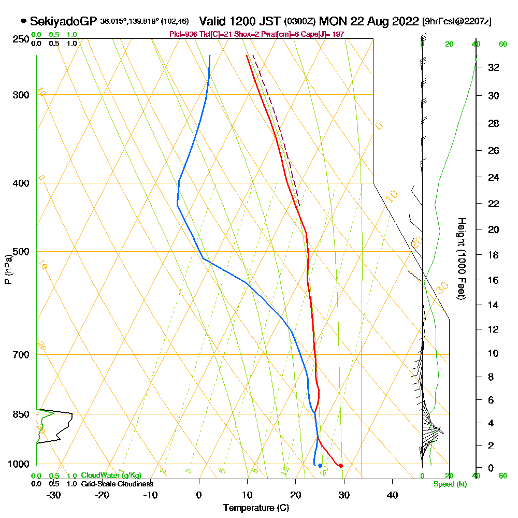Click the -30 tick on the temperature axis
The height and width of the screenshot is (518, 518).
pos(54,495)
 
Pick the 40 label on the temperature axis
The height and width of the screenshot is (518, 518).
pos(392,495)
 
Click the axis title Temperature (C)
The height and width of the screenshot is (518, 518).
pos(256,508)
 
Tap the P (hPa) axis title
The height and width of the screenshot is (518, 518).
pos(8,269)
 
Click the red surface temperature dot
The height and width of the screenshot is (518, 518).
pos(340,466)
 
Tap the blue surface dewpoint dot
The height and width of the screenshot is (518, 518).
pos(320,466)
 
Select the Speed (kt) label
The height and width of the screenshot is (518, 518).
pos(448,484)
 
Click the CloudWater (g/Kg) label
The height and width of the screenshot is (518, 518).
pos(111,476)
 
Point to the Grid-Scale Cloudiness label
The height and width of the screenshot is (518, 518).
pos(117,484)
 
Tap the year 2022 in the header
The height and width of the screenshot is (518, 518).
pos(405,22)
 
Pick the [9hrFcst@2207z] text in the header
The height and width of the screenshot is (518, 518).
pos(457,22)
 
